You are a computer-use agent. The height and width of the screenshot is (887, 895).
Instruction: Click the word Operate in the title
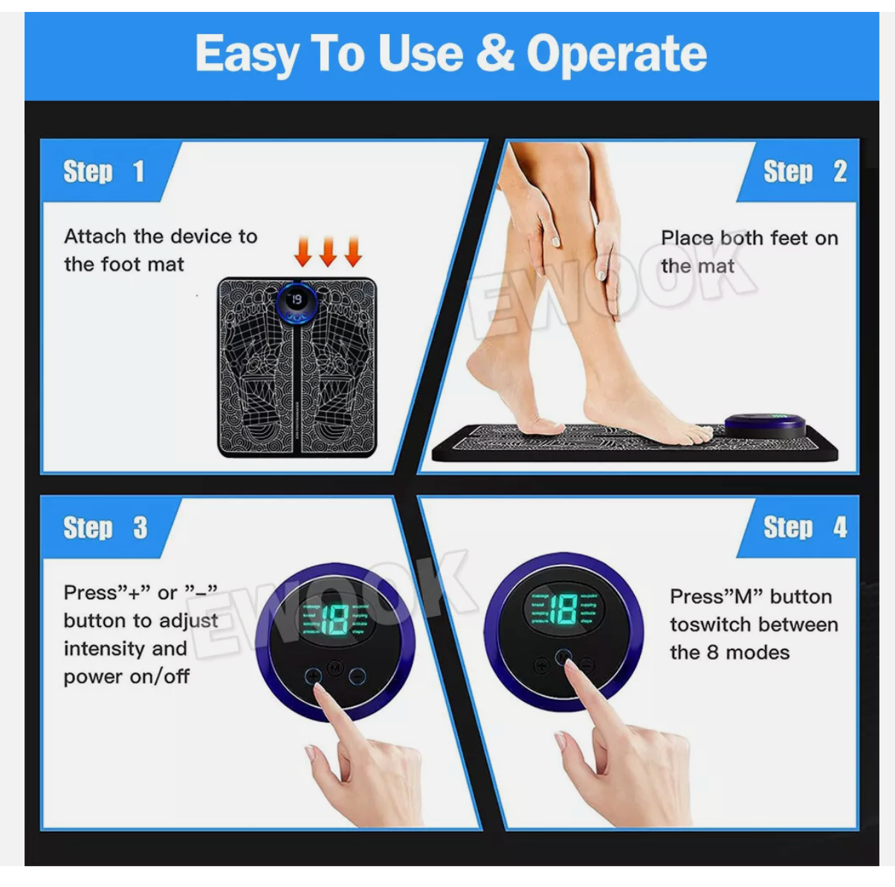tap(616, 54)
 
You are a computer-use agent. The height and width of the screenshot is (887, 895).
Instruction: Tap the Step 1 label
tap(103, 172)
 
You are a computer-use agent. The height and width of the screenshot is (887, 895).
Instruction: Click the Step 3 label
tap(105, 528)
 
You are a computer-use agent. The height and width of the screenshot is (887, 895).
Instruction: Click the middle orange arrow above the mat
tap(328, 252)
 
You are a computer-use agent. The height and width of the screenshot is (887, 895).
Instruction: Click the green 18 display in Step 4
tap(563, 609)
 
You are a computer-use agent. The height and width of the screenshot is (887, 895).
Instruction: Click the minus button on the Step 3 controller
tap(358, 676)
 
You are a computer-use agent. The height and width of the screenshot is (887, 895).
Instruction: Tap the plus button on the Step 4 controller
tap(541, 665)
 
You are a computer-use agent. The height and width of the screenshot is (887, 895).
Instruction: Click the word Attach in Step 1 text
tap(95, 236)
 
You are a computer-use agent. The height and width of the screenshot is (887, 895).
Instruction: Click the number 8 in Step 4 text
tap(712, 652)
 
